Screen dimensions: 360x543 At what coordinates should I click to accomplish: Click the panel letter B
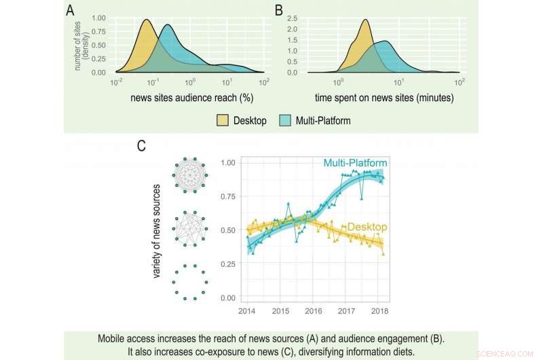point(278,11)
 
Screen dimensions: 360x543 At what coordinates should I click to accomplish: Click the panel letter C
point(141,146)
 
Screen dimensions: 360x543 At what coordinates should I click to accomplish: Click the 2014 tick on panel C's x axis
point(247,310)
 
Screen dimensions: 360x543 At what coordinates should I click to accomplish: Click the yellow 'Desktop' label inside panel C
point(364,227)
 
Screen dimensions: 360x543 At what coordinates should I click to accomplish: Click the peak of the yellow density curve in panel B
point(366,20)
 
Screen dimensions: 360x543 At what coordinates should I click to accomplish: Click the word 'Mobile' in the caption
point(115,337)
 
